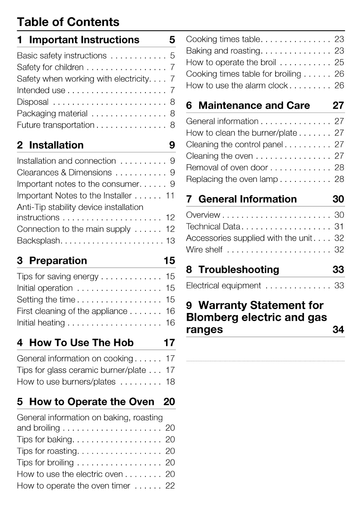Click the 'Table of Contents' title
point(68,22)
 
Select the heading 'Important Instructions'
point(84,40)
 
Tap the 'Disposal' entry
point(33,102)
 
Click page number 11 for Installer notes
point(170,196)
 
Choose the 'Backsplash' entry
point(39,241)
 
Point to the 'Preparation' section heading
point(58,261)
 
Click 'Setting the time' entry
point(46,300)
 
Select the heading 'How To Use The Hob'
point(81,343)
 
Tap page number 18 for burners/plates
point(170,382)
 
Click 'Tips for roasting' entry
point(47,451)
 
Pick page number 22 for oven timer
point(170,486)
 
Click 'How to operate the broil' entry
point(231,63)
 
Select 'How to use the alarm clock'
point(237,86)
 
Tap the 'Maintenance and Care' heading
point(254,106)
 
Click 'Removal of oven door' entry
point(227,168)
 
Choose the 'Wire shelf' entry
point(204,250)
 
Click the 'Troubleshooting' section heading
point(239,269)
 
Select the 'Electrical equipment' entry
point(223,286)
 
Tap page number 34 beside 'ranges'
point(339,329)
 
